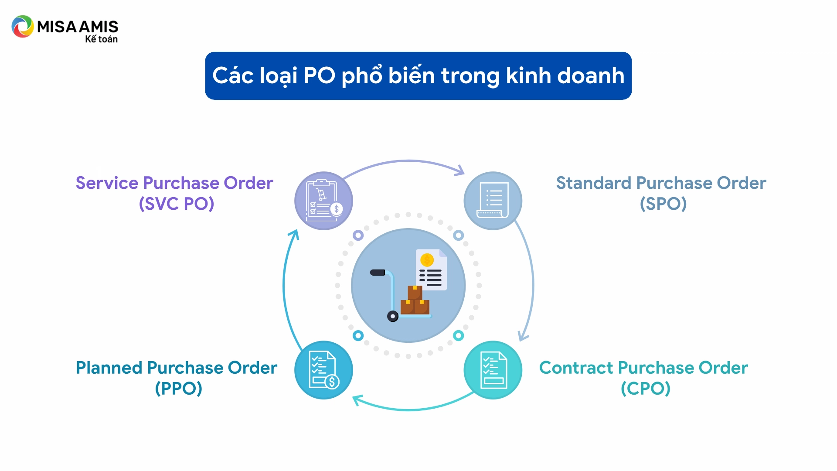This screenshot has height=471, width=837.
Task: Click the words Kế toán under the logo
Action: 101,39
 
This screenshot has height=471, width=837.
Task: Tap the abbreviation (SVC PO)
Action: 177,204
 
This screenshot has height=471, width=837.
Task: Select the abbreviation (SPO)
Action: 663,204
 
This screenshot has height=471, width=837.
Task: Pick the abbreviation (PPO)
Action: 178,388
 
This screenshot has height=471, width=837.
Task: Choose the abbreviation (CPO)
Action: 646,388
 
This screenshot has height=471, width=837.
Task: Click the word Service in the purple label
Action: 107,183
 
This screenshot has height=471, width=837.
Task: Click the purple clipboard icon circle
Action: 323,201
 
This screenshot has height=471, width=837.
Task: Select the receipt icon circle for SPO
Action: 493,201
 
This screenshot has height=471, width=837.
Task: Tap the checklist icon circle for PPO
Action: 323,370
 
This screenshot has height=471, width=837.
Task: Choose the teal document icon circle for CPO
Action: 493,370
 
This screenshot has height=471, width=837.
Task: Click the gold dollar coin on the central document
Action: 427,260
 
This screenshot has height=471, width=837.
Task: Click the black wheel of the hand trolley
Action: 393,316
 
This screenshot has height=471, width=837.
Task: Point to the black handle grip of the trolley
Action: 378,273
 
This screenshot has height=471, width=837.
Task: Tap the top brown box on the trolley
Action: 415,292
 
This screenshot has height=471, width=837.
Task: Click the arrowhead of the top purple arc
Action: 460,171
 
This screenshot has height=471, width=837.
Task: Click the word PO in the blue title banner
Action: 319,75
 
